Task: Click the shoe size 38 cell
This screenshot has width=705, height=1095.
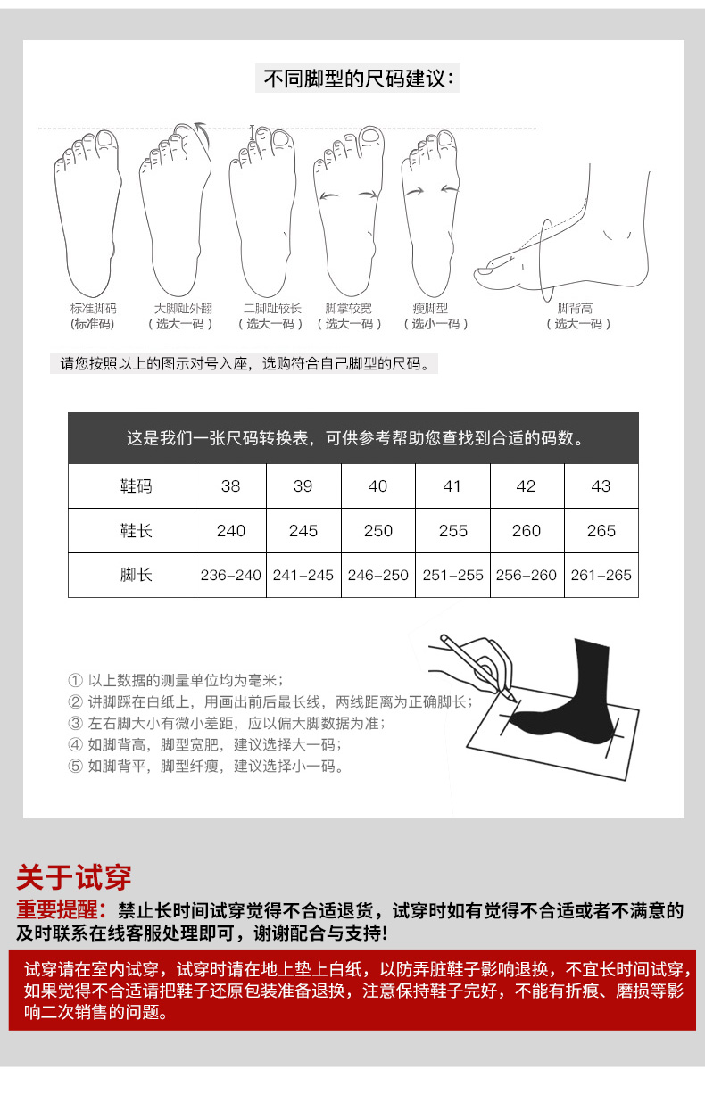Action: tap(230, 485)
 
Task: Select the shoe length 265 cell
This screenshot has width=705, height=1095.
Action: tap(601, 530)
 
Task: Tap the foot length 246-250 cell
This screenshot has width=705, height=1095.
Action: tap(377, 575)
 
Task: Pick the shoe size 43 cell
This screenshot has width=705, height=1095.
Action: tap(601, 485)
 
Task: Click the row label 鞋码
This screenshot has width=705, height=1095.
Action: tap(136, 485)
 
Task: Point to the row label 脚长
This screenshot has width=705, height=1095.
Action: tap(136, 575)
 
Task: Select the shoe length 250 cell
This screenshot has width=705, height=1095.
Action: tap(377, 530)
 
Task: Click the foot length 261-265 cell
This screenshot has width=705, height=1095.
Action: tap(601, 575)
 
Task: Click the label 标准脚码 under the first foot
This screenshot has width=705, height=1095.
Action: tap(93, 309)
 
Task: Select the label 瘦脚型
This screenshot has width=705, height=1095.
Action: tap(430, 309)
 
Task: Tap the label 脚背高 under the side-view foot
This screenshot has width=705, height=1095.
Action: tap(575, 309)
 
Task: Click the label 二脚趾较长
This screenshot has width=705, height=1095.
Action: tap(272, 309)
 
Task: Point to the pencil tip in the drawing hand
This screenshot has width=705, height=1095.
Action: tap(515, 699)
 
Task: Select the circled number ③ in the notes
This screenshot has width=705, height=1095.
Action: tap(75, 724)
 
